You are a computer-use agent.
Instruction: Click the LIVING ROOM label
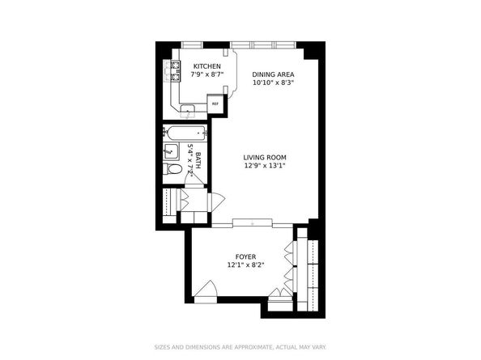[265, 158]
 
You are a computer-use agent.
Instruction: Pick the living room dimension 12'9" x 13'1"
[265, 166]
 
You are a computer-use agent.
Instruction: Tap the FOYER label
[246, 256]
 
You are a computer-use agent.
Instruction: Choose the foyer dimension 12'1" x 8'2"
[246, 265]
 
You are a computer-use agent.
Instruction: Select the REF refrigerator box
[215, 104]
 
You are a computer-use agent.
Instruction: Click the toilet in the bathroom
[172, 171]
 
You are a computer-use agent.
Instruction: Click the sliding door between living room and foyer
[251, 222]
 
